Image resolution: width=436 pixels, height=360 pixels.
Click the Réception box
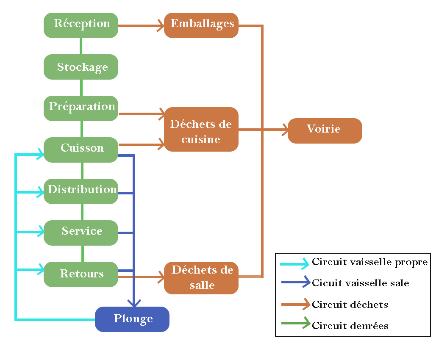(x=81, y=25)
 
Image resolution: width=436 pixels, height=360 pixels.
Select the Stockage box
(x=81, y=67)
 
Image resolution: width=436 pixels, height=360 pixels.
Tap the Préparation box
(x=81, y=108)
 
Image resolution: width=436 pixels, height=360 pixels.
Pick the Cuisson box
(x=81, y=150)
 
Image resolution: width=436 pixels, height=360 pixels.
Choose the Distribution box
(x=81, y=191)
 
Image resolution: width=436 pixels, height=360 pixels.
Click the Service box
(x=81, y=233)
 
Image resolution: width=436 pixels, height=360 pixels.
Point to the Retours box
(x=81, y=274)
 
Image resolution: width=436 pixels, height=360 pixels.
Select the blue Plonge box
(x=132, y=319)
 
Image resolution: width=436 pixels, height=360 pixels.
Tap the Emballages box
(x=201, y=25)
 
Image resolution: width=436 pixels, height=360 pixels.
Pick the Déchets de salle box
(x=201, y=278)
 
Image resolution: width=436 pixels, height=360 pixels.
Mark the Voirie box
(x=325, y=130)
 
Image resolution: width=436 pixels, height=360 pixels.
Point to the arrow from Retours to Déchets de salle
(x=142, y=277)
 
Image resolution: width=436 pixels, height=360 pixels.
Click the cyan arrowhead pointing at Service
(x=41, y=232)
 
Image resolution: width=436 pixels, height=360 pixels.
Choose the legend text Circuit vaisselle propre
(x=370, y=262)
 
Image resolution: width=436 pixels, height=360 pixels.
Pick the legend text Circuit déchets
(x=350, y=305)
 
